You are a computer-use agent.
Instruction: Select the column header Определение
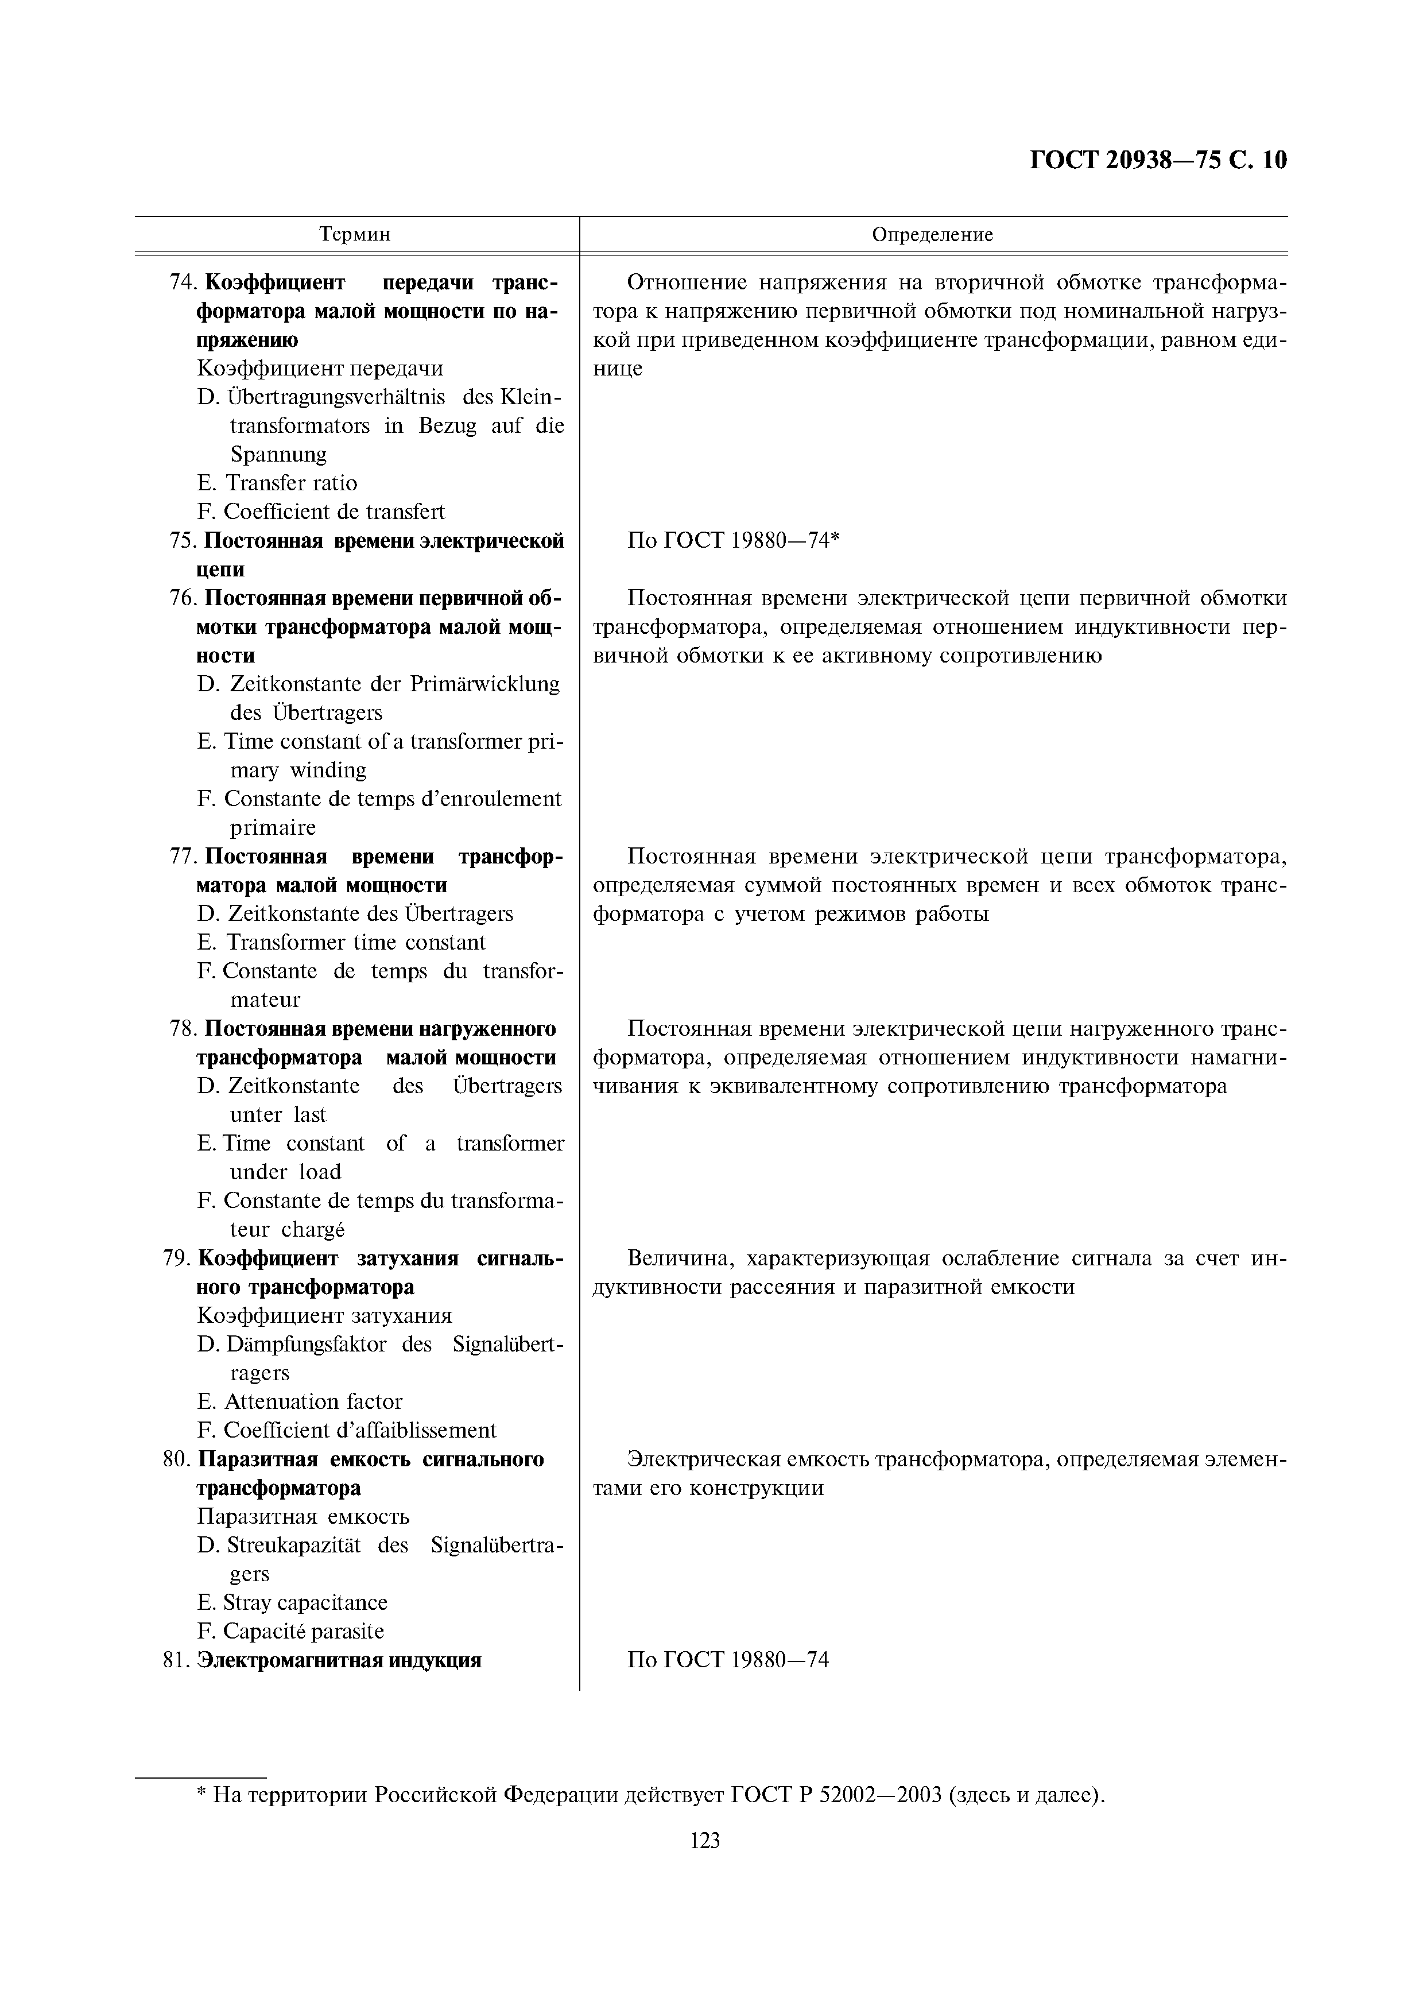click(932, 234)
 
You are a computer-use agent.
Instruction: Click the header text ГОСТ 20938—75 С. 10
click(1157, 161)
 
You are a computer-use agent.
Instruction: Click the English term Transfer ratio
click(291, 483)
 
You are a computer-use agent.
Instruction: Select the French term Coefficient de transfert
click(334, 512)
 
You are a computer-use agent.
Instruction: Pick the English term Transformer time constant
click(355, 942)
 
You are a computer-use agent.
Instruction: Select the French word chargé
click(313, 1230)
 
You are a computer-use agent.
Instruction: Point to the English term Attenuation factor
click(313, 1402)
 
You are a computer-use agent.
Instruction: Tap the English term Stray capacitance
click(305, 1602)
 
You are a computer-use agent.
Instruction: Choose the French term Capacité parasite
click(303, 1632)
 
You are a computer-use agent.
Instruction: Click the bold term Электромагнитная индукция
click(339, 1660)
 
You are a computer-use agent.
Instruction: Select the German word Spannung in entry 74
click(278, 454)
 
